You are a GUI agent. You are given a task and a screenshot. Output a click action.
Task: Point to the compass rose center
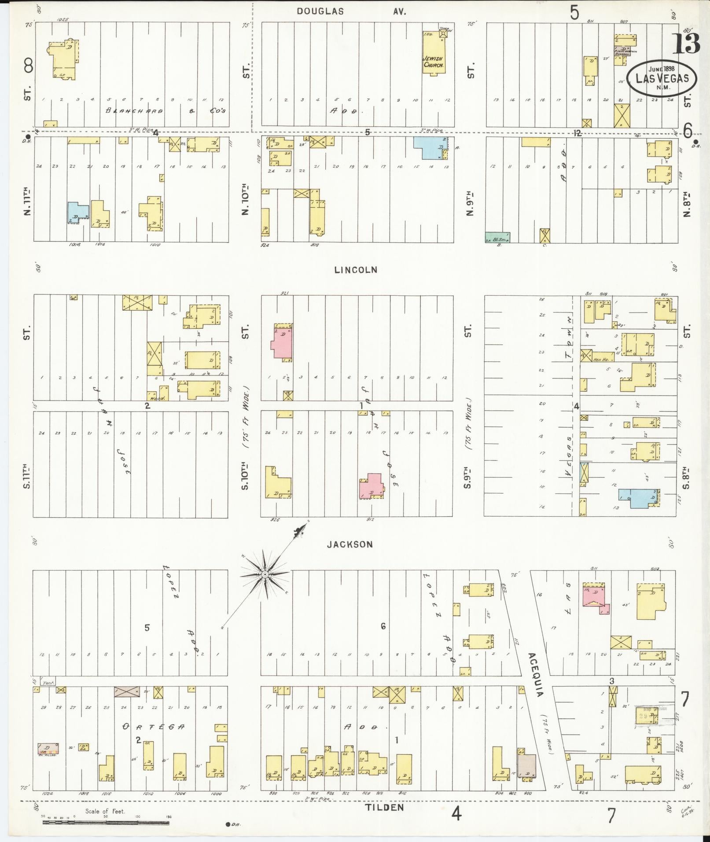tap(265, 574)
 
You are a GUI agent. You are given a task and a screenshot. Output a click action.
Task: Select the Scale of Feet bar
tap(106, 822)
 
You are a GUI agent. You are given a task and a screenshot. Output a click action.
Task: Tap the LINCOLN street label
tap(356, 270)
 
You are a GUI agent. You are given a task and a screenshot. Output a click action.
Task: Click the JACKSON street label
tap(350, 544)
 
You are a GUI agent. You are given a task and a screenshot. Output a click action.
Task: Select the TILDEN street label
tap(384, 807)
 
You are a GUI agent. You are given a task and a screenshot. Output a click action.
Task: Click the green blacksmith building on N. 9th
tap(497, 238)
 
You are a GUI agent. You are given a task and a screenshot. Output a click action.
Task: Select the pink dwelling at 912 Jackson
tap(370, 485)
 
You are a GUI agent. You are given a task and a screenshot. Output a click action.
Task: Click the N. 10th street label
tap(245, 201)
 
